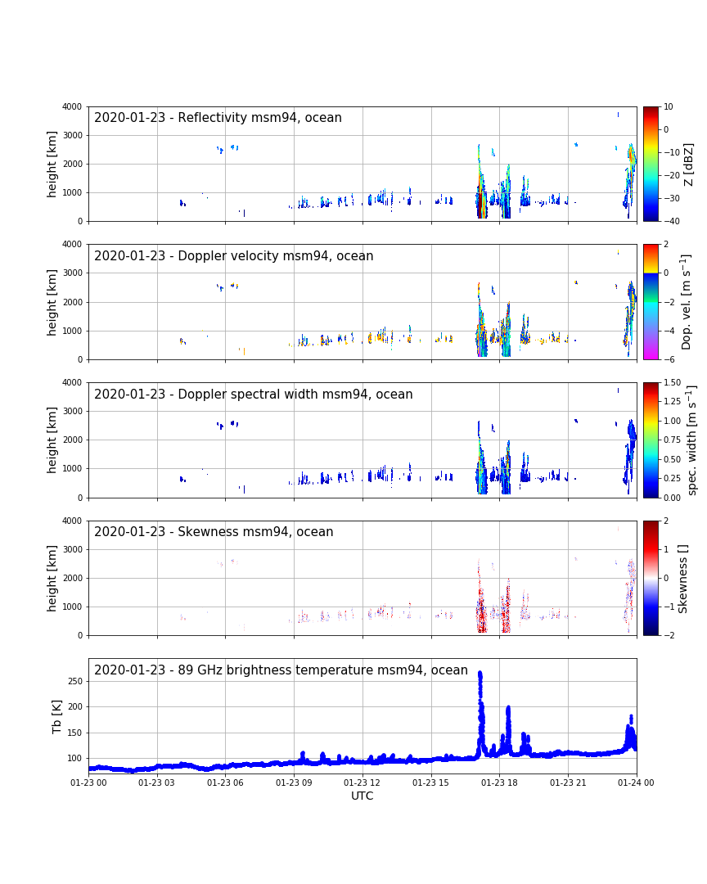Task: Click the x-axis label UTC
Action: (x=362, y=796)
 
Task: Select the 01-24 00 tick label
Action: (x=636, y=783)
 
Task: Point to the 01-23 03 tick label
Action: (x=157, y=783)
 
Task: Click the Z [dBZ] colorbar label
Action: (x=689, y=164)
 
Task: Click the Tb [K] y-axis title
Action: (x=56, y=716)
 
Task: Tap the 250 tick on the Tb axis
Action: (x=75, y=681)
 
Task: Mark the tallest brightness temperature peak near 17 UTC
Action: (x=480, y=674)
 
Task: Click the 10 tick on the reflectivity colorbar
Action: (x=668, y=107)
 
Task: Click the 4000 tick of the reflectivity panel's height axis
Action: (x=72, y=107)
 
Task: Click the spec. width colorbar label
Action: (x=692, y=440)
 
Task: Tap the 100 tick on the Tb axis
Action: (x=75, y=758)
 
